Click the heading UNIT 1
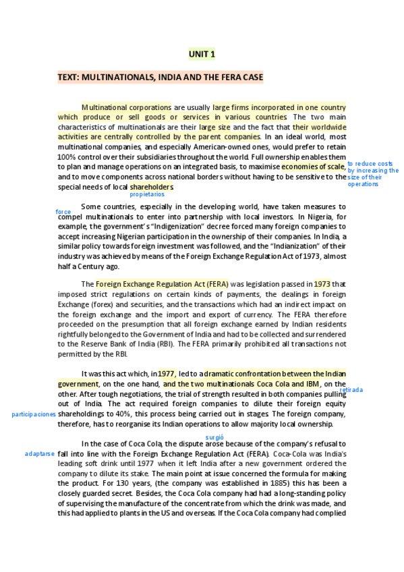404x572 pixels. pyautogui.click(x=202, y=54)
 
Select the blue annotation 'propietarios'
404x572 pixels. pyautogui.click(x=147, y=194)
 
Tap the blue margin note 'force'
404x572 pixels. pyautogui.click(x=63, y=212)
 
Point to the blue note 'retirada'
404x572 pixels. pyautogui.click(x=351, y=390)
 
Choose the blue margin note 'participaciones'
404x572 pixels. pyautogui.click(x=34, y=414)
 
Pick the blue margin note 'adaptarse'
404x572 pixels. pyautogui.click(x=39, y=454)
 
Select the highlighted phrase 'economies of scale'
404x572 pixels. pyautogui.click(x=313, y=167)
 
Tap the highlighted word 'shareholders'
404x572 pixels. pyautogui.click(x=152, y=186)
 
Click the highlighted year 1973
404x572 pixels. pyautogui.click(x=322, y=284)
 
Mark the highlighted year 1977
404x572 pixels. pyautogui.click(x=167, y=373)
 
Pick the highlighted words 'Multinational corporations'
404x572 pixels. pyautogui.click(x=126, y=107)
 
